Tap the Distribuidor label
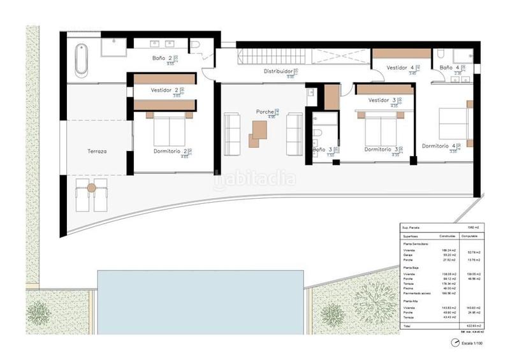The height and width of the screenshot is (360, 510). [279, 71]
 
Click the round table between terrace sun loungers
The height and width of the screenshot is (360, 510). [91, 187]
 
